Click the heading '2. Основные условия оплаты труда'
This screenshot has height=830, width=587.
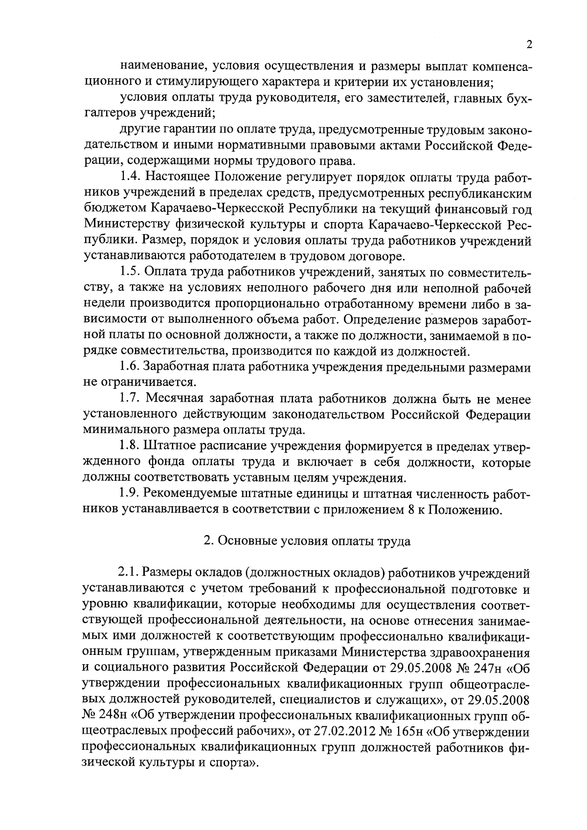307,541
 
